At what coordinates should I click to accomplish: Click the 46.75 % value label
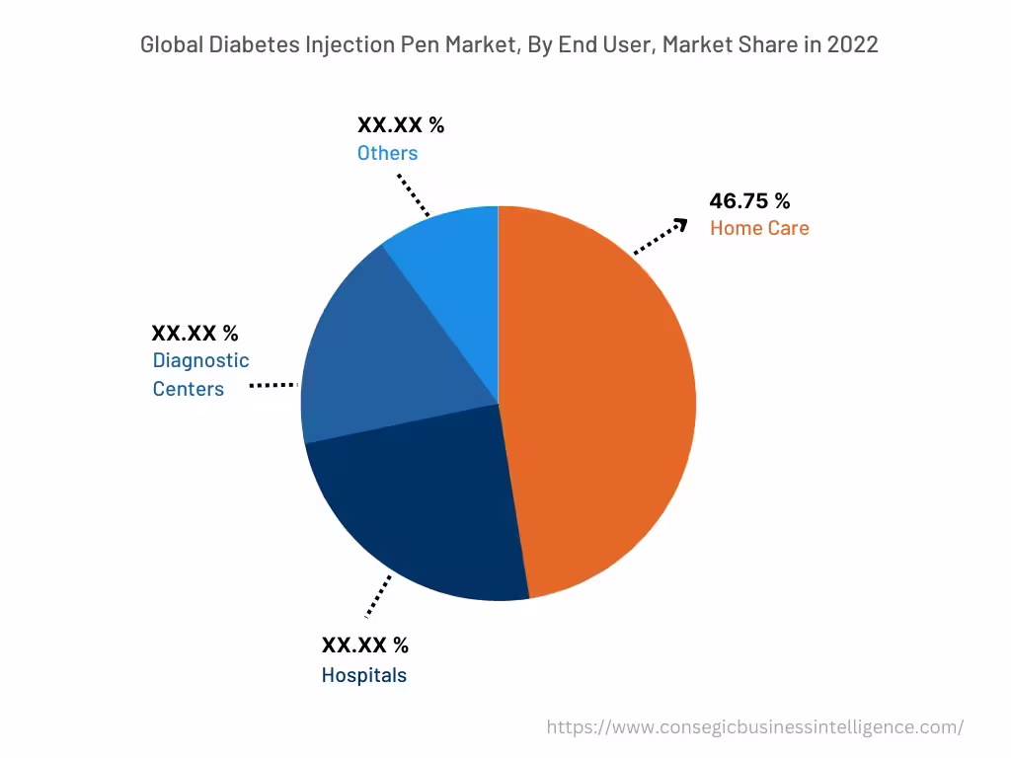pyautogui.click(x=749, y=201)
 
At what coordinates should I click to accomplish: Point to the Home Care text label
pyautogui.click(x=759, y=228)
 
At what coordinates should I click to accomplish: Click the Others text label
pyautogui.click(x=387, y=153)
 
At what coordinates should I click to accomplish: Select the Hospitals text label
pyautogui.click(x=363, y=676)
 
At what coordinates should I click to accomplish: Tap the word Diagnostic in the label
pyautogui.click(x=200, y=361)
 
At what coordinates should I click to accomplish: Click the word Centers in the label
pyautogui.click(x=188, y=389)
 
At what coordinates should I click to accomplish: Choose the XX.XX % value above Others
pyautogui.click(x=400, y=125)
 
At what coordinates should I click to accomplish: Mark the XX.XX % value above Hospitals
pyautogui.click(x=364, y=645)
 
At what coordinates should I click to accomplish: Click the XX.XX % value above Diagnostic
pyautogui.click(x=194, y=334)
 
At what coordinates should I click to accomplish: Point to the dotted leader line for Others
pyautogui.click(x=414, y=195)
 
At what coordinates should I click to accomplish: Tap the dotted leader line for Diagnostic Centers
pyautogui.click(x=272, y=385)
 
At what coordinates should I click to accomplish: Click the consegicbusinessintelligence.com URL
pyautogui.click(x=755, y=727)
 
